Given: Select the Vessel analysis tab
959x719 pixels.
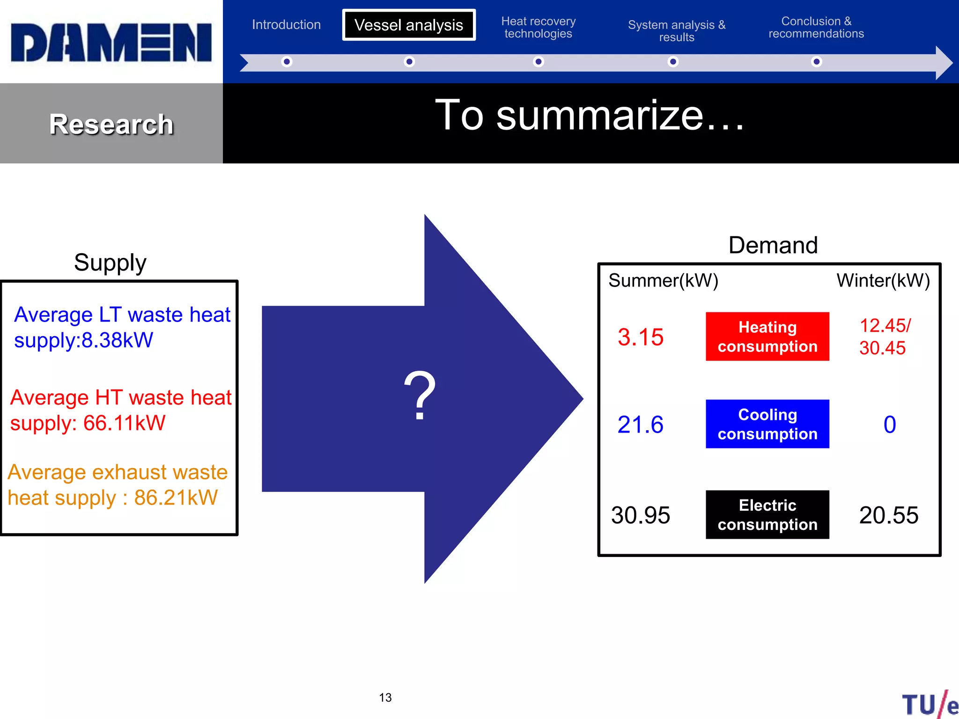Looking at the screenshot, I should pyautogui.click(x=409, y=25).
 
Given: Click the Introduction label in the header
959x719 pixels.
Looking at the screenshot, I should pyautogui.click(x=286, y=24).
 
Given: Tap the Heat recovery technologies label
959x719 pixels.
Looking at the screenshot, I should pyautogui.click(x=539, y=28).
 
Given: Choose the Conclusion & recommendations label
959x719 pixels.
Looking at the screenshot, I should pyautogui.click(x=816, y=28).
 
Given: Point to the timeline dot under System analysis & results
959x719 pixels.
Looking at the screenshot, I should pyautogui.click(x=673, y=62).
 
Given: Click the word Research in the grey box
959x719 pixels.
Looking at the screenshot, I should pyautogui.click(x=111, y=125).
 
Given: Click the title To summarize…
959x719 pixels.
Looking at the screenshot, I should pyautogui.click(x=590, y=115).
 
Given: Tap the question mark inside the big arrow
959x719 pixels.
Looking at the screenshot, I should pyautogui.click(x=420, y=396).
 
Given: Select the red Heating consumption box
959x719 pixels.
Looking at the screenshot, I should pyautogui.click(x=767, y=337).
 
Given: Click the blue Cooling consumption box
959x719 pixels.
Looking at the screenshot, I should pyautogui.click(x=767, y=424).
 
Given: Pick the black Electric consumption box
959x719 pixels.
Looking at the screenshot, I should pyautogui.click(x=767, y=515).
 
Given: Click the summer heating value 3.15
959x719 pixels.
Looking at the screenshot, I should pyautogui.click(x=640, y=337).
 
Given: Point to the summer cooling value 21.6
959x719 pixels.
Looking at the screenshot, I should pyautogui.click(x=640, y=425).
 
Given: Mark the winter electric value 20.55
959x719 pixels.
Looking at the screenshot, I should pyautogui.click(x=888, y=515).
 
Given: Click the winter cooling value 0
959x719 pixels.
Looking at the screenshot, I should pyautogui.click(x=889, y=425).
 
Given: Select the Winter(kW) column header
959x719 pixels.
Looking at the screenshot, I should pyautogui.click(x=883, y=280).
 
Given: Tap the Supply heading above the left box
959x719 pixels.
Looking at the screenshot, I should pyautogui.click(x=110, y=262).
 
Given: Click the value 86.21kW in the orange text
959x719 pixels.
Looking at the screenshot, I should pyautogui.click(x=176, y=498).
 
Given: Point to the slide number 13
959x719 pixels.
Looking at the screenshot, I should pyautogui.click(x=385, y=697).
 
